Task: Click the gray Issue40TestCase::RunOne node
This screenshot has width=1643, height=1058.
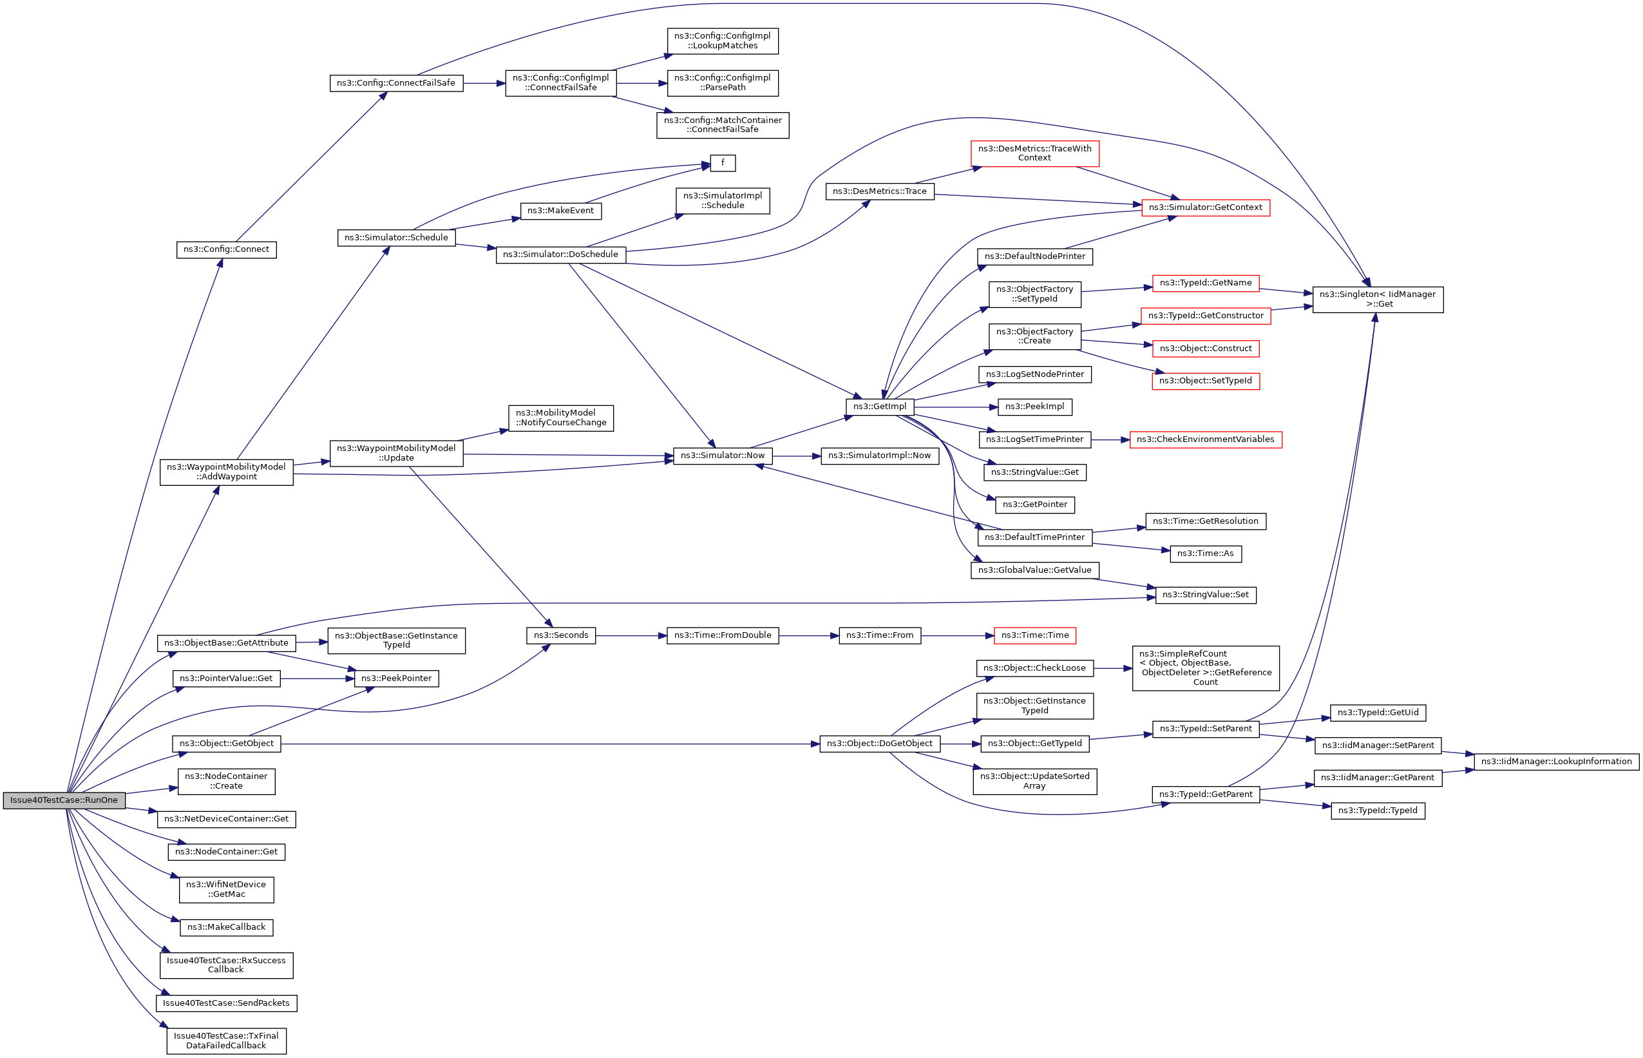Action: tap(64, 800)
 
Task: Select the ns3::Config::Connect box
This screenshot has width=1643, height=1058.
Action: tap(226, 249)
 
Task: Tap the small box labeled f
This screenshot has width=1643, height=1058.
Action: tap(722, 163)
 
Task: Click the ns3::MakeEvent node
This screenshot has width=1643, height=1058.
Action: tap(560, 211)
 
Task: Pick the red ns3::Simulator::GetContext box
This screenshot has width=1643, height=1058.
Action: tap(1205, 207)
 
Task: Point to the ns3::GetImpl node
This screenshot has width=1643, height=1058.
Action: tap(880, 407)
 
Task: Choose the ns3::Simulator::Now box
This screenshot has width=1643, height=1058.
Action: tap(722, 456)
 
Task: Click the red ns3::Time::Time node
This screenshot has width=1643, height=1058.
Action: tap(1035, 635)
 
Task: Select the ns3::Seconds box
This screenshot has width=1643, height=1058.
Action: tap(561, 635)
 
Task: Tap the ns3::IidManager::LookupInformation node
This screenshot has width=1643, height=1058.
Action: tap(1556, 761)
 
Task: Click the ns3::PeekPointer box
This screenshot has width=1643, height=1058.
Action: tap(396, 678)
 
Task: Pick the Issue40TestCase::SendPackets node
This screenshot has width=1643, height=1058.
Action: tap(226, 1003)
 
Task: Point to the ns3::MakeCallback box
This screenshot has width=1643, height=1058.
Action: tap(226, 927)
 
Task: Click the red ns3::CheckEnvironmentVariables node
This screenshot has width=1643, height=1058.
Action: tap(1205, 439)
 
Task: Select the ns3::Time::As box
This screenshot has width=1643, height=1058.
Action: tap(1205, 553)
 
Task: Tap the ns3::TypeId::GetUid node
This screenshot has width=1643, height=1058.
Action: tap(1377, 713)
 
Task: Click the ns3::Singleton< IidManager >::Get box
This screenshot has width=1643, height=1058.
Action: tap(1377, 300)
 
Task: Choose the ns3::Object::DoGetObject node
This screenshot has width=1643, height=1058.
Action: tap(880, 744)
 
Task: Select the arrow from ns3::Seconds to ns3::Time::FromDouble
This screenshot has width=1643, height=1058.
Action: tap(631, 636)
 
